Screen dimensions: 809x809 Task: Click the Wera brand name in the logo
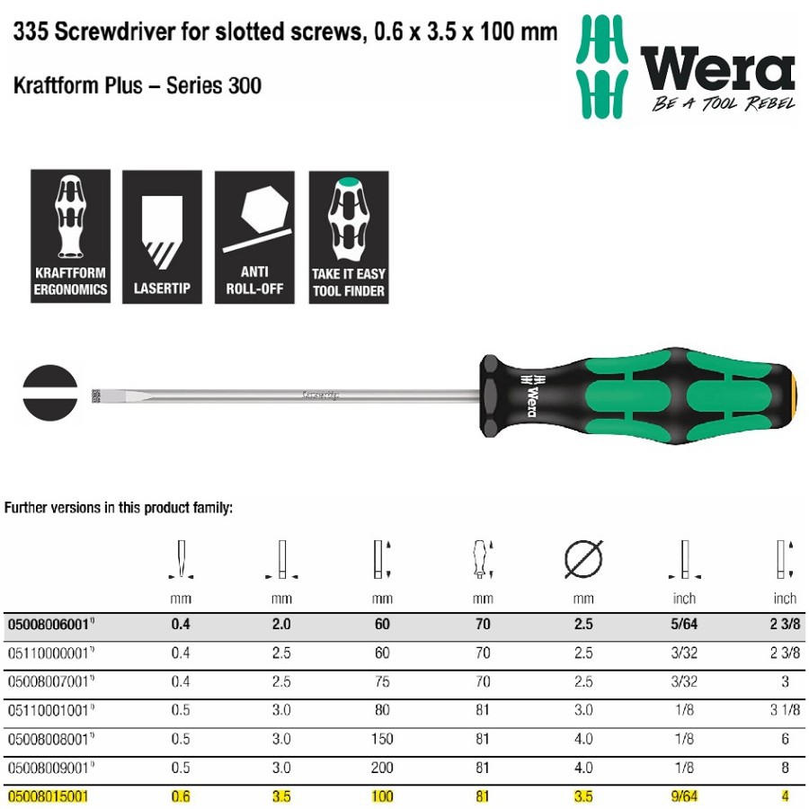[716, 69]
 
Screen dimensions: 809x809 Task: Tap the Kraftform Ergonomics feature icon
[71, 236]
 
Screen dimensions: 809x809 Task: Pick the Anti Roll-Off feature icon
[254, 236]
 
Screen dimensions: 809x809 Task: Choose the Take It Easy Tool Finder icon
[348, 236]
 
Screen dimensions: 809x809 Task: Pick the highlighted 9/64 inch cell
[684, 796]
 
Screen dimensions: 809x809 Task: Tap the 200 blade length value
[382, 768]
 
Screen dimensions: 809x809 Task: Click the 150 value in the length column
[382, 739]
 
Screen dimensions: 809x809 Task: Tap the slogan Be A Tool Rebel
[723, 104]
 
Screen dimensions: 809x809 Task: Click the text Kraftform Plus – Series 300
[138, 86]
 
